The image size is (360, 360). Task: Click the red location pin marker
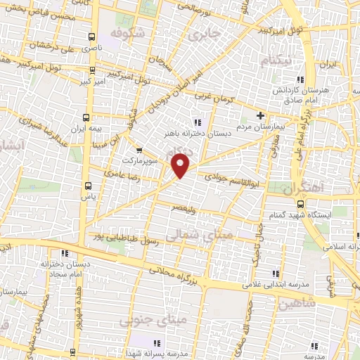coord(181,166)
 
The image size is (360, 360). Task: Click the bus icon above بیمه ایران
coord(86,117)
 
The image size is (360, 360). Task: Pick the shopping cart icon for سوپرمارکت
coord(138,150)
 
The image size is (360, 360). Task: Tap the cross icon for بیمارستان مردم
coord(259,115)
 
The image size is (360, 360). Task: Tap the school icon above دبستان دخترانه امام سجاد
coord(65,253)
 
